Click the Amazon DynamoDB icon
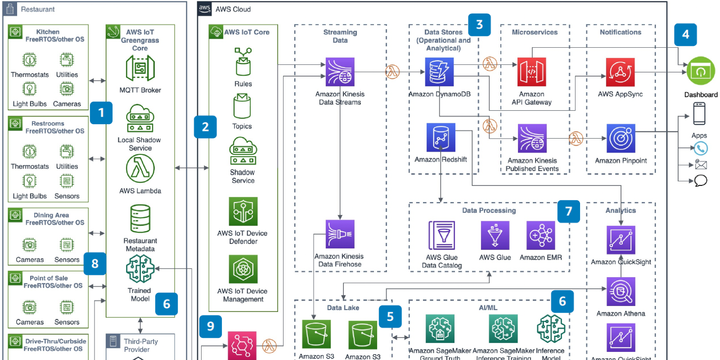coord(439,72)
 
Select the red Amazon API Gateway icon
coord(531,72)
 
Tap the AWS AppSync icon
coord(620,72)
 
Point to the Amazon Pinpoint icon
coord(621,139)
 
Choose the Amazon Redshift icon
coord(441,138)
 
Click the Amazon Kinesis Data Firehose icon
coord(340,234)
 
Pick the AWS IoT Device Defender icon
coord(243,211)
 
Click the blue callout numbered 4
coord(685,35)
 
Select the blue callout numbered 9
coord(210,326)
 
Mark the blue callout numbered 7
coord(568,211)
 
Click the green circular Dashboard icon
coord(701,71)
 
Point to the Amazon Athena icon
coord(621,292)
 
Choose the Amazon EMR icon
coord(540,235)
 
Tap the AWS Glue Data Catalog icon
coord(442,235)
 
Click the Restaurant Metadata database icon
coord(140,219)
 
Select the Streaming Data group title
coord(340,36)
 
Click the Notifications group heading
coord(620,32)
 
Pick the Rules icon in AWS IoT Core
coord(243,62)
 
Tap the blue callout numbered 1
coord(101,112)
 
